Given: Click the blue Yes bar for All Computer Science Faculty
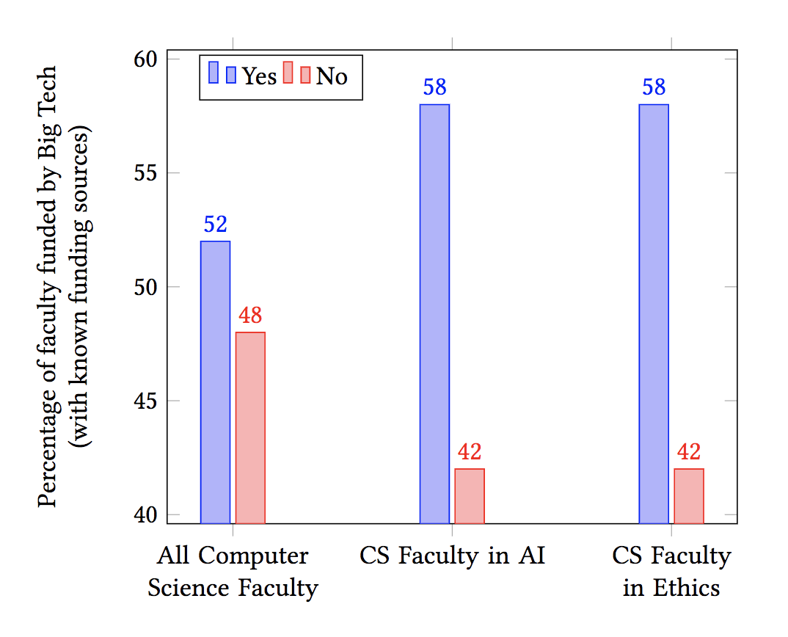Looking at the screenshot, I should point(215,382).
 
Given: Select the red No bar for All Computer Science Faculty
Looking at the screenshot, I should point(250,427).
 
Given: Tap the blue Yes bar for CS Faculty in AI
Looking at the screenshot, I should point(434,313).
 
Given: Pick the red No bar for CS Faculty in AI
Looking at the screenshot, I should point(470,495).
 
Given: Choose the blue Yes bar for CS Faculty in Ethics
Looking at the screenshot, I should point(654,313).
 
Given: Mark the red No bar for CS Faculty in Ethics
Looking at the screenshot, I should point(689,495).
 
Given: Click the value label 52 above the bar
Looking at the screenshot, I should point(215,225).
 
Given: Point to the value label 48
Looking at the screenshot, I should point(250,316).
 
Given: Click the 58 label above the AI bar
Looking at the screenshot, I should point(434,88).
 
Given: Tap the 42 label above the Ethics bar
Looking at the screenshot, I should point(689,452).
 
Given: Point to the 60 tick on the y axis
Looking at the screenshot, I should point(147,59).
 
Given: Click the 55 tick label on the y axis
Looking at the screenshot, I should point(147,173).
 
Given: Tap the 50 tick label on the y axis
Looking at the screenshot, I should point(147,287).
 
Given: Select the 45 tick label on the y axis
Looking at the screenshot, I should point(147,401).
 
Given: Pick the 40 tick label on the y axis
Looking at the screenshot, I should point(147,514).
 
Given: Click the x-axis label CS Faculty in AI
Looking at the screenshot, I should point(452,556).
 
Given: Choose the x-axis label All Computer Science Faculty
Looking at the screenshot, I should point(233,572).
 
